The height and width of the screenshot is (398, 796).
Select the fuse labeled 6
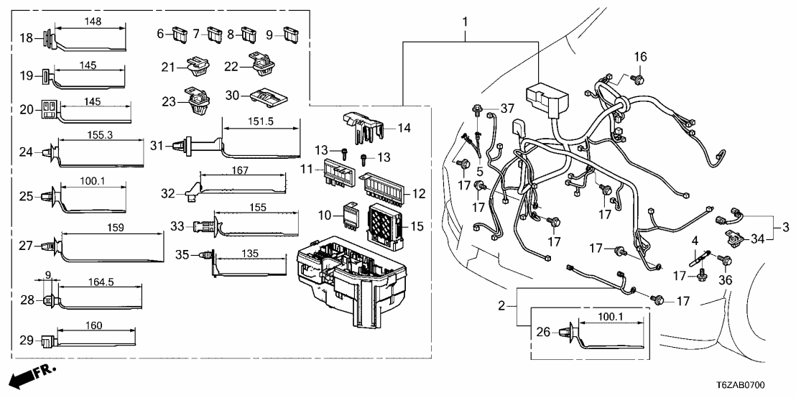(x=177, y=33)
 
